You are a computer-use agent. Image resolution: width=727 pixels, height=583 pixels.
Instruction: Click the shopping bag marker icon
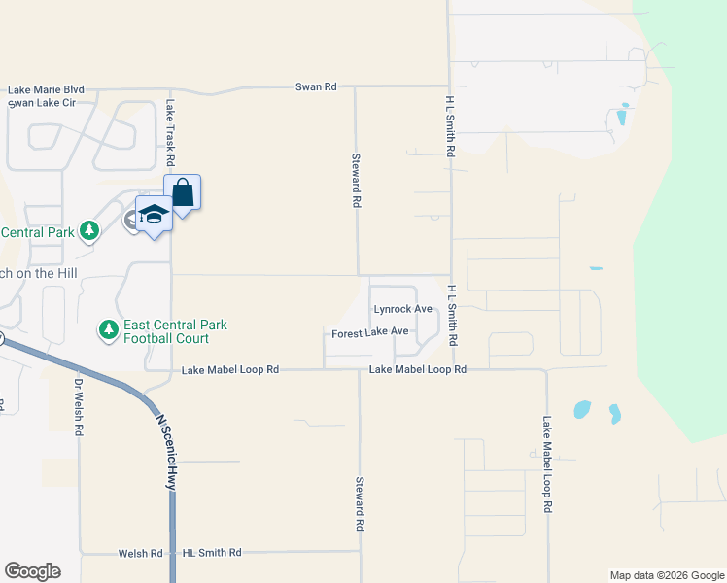pyautogui.click(x=183, y=193)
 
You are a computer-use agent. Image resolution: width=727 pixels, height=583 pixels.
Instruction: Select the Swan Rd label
pyautogui.click(x=316, y=87)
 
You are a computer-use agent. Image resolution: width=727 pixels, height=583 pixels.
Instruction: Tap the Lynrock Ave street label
pyautogui.click(x=402, y=309)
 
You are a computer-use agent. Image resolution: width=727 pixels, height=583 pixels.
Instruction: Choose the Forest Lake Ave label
pyautogui.click(x=370, y=332)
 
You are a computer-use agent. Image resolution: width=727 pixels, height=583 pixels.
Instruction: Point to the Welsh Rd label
pyautogui.click(x=140, y=553)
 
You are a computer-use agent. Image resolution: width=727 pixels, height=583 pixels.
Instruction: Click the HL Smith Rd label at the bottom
pyautogui.click(x=211, y=553)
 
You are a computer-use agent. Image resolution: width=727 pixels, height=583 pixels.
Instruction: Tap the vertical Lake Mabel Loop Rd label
pyautogui.click(x=547, y=464)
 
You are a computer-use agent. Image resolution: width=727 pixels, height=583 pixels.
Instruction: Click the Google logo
pyautogui.click(x=32, y=571)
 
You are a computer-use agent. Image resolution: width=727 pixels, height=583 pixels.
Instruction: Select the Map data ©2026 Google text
pyautogui.click(x=666, y=575)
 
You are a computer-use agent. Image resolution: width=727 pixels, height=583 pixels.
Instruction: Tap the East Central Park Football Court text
pyautogui.click(x=175, y=331)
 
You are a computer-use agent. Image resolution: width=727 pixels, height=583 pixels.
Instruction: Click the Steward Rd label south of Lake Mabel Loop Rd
pyautogui.click(x=360, y=502)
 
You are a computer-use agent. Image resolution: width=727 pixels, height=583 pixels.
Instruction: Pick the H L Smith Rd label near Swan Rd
pyautogui.click(x=451, y=127)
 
